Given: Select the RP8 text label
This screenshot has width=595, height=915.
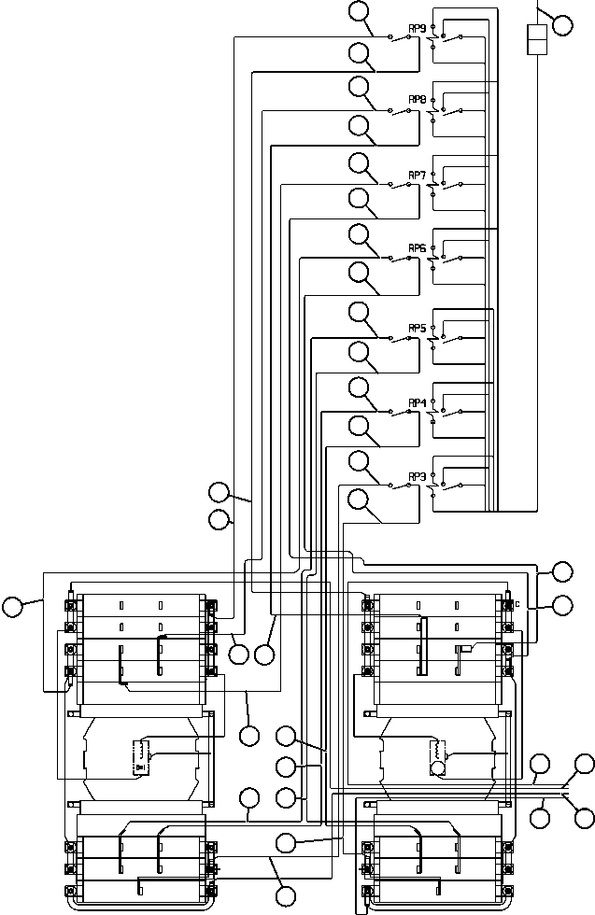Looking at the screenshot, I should pyautogui.click(x=417, y=99).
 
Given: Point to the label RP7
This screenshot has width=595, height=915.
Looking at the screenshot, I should pyautogui.click(x=417, y=175).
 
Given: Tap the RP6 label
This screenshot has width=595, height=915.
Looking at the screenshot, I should pyautogui.click(x=417, y=248).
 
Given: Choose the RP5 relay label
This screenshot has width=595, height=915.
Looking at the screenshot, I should pyautogui.click(x=417, y=329).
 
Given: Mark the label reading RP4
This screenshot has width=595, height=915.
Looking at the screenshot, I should pyautogui.click(x=417, y=402).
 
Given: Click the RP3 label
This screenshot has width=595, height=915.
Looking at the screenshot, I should pyautogui.click(x=417, y=476).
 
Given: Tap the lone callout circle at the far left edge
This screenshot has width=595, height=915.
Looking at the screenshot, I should pyautogui.click(x=12, y=607).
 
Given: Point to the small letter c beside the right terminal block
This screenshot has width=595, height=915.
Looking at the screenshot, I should pyautogui.click(x=517, y=604).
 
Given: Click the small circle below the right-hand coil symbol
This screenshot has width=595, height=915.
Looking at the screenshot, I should pyautogui.click(x=436, y=768).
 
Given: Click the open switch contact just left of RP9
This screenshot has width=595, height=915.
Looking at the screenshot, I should pyautogui.click(x=401, y=35).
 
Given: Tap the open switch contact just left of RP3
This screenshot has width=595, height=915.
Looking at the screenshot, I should pyautogui.click(x=401, y=485).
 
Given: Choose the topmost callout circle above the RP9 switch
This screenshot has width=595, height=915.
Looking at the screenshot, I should pyautogui.click(x=359, y=11).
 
